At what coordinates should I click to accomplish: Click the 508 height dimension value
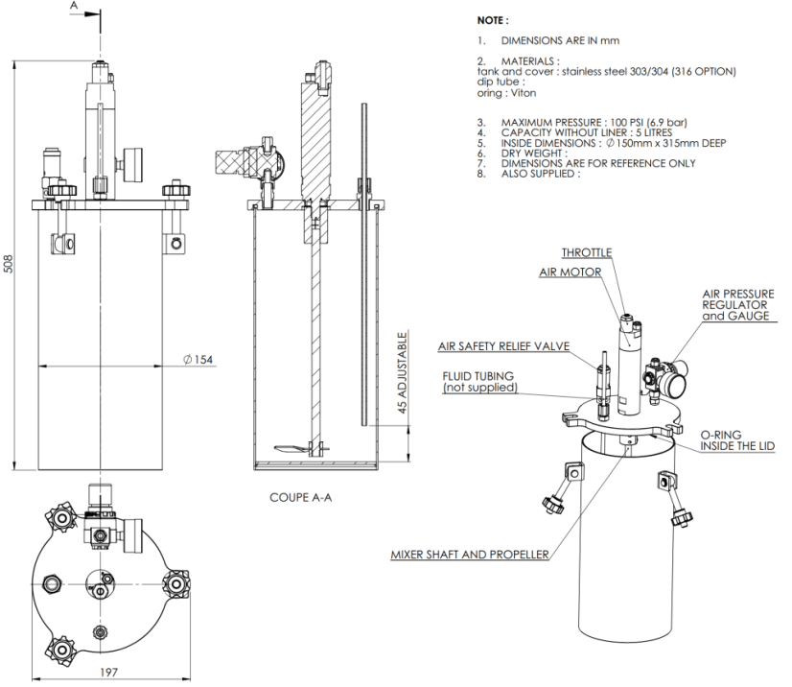[10, 265]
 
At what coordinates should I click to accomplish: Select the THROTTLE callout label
[587, 252]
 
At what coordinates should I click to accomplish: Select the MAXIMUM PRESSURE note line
[594, 122]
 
